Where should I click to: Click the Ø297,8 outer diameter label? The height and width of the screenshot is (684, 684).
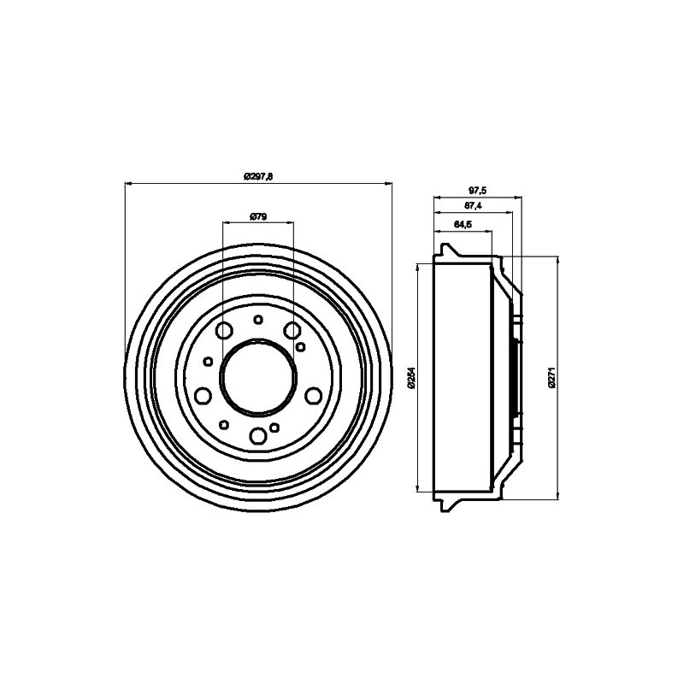(257, 176)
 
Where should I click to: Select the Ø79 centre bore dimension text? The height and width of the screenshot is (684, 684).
(258, 217)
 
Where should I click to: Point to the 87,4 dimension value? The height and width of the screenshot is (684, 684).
(473, 207)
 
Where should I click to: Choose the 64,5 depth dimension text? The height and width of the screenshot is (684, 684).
(463, 225)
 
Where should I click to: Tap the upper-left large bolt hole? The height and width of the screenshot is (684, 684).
(226, 332)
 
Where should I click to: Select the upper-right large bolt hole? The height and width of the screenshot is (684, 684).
(292, 331)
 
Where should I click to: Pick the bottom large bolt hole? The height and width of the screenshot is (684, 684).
(258, 436)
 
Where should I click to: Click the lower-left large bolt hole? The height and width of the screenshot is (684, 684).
(203, 395)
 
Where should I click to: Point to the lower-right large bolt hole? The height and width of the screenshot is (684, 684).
(313, 395)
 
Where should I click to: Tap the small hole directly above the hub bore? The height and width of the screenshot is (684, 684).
(258, 320)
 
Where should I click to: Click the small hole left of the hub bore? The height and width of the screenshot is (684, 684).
(206, 361)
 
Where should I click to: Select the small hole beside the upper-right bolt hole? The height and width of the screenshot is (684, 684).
(302, 346)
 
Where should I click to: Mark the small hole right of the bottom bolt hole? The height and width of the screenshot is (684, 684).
(274, 427)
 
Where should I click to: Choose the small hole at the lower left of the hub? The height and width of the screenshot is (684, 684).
(224, 424)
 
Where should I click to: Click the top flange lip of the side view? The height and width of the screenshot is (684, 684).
(446, 251)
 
